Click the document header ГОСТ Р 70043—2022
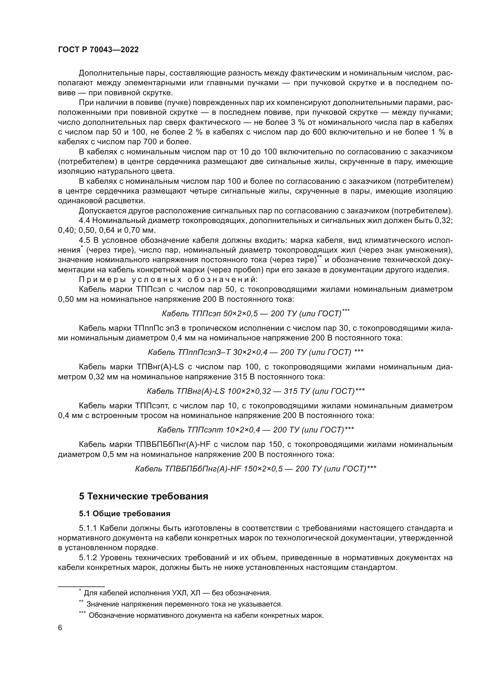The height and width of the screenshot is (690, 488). click(x=98, y=50)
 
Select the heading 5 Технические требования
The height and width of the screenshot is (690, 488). click(x=144, y=496)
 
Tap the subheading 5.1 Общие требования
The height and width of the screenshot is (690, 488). click(x=125, y=514)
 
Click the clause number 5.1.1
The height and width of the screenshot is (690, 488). click(x=88, y=528)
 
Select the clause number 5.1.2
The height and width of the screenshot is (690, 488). click(x=88, y=558)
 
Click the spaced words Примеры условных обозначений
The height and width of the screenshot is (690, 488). click(x=168, y=279)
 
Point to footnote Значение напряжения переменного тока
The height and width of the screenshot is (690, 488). click(x=184, y=604)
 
